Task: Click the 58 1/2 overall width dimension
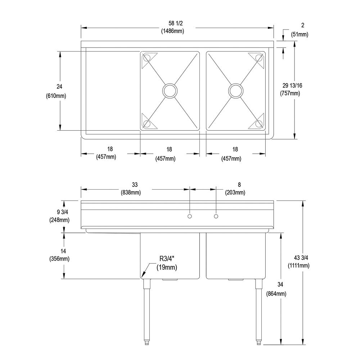[176, 23]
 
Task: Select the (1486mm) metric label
[172, 31]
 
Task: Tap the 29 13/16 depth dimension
[292, 85]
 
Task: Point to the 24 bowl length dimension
[59, 86]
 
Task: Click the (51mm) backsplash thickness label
[300, 35]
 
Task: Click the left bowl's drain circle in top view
[170, 90]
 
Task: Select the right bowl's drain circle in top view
[236, 90]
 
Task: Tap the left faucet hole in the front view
[190, 216]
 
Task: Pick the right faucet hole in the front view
[216, 216]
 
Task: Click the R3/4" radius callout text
[167, 259]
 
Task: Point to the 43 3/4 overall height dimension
[301, 258]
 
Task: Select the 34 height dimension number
[280, 285]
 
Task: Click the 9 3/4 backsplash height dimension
[62, 212]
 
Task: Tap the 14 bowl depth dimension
[63, 251]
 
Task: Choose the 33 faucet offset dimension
[135, 185]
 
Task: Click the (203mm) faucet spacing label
[235, 192]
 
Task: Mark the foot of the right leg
[258, 343]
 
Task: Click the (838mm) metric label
[131, 192]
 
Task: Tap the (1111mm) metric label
[299, 266]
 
